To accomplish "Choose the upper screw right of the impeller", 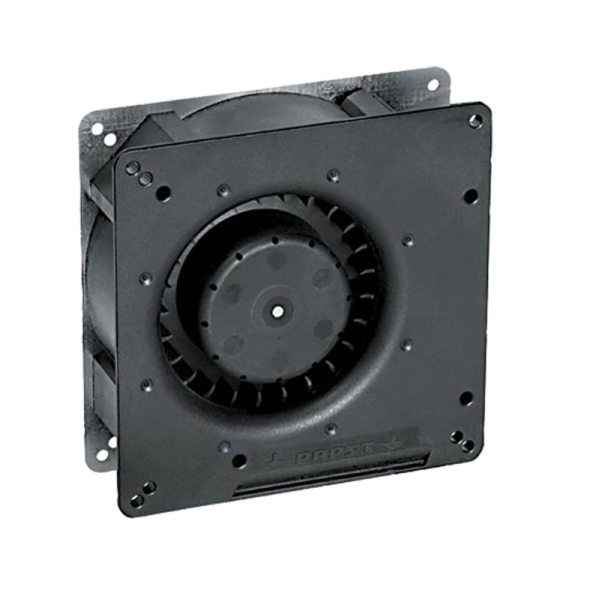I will click(407, 239).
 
